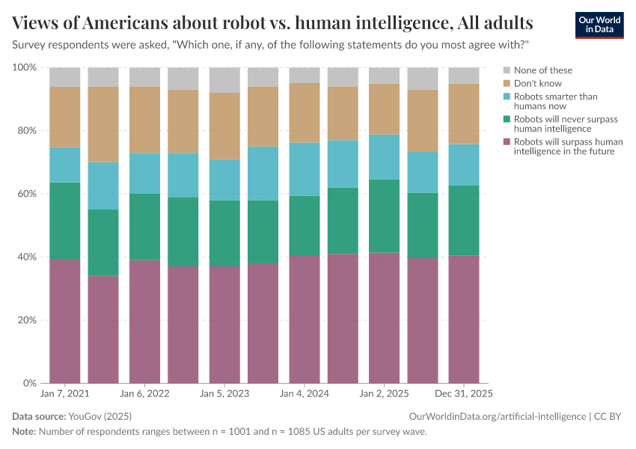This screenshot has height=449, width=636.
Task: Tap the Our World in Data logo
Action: point(599,25)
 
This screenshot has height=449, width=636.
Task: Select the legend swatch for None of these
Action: point(507,70)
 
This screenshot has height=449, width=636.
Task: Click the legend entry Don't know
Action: point(537,83)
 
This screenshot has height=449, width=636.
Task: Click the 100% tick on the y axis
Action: point(25,67)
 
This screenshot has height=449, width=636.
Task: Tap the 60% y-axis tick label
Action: point(27,194)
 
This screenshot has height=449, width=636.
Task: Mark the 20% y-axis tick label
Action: point(27,320)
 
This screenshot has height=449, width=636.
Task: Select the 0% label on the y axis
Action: point(29,383)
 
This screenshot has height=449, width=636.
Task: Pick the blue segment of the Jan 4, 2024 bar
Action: point(305,169)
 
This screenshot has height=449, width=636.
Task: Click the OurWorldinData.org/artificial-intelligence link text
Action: point(497,416)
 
